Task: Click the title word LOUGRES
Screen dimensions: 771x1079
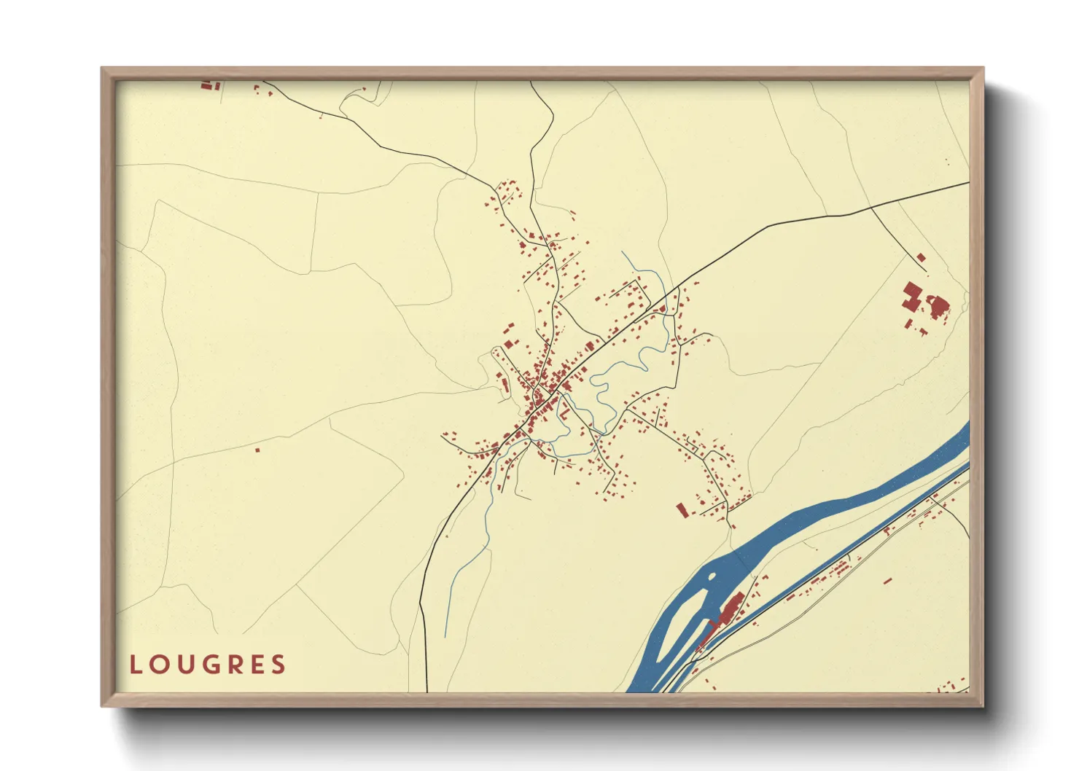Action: (208, 665)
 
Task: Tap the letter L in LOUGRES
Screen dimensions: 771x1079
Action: (135, 665)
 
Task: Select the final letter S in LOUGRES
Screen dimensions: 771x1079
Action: (278, 665)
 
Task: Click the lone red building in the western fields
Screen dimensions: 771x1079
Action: (257, 450)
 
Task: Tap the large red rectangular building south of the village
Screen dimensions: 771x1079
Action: (682, 509)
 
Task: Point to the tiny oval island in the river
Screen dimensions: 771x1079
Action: (709, 577)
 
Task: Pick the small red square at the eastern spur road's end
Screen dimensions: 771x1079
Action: (921, 257)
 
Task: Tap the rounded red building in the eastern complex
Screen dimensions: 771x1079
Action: (938, 305)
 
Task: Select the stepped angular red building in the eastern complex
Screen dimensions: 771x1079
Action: (911, 295)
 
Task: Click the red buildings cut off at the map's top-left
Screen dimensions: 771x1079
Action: (210, 85)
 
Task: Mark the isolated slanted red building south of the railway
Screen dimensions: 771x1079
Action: (887, 581)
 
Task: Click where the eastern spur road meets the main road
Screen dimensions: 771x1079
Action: (872, 208)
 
